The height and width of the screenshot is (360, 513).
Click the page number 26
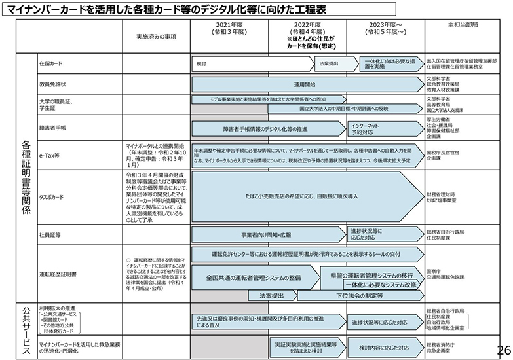click(x=503, y=349)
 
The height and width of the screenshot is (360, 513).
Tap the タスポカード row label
click(x=52, y=196)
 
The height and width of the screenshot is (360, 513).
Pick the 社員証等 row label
click(x=50, y=234)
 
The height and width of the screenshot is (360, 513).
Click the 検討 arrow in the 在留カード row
click(x=249, y=63)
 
